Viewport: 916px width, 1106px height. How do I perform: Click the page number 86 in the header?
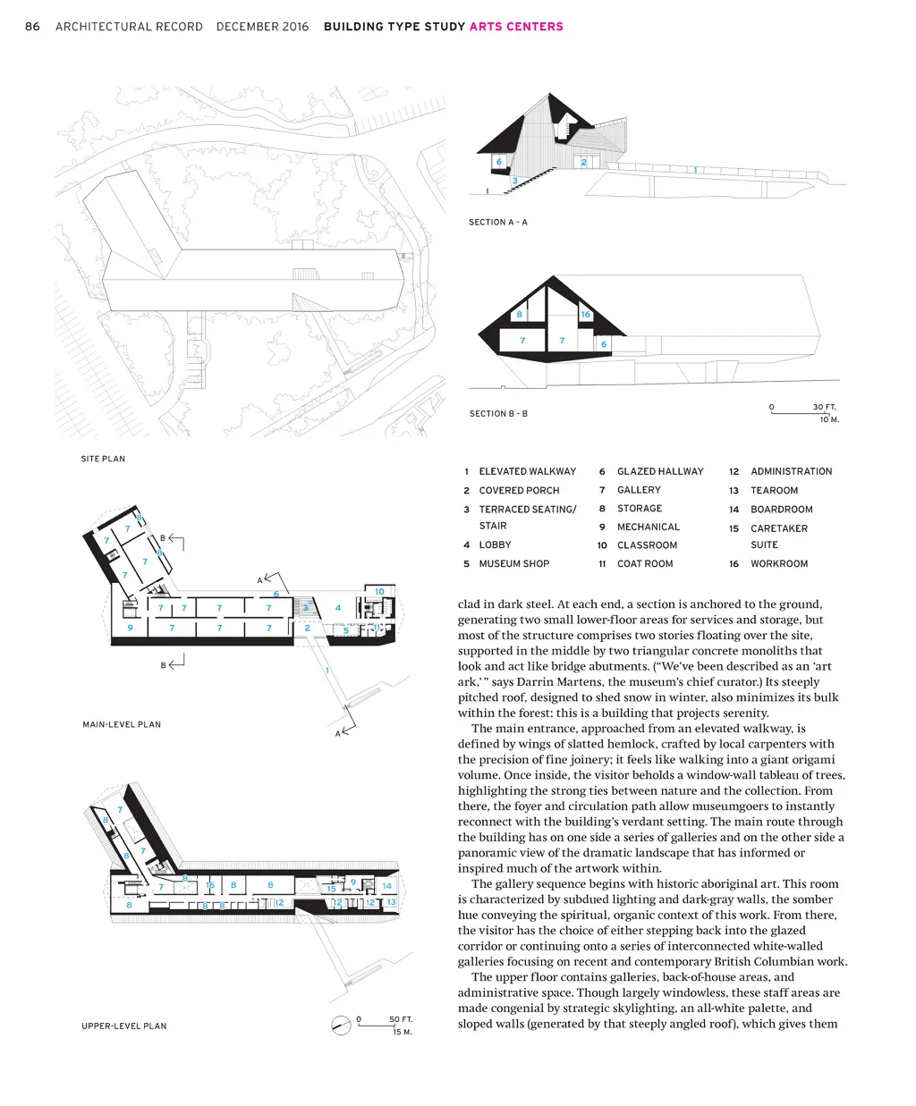click(x=32, y=27)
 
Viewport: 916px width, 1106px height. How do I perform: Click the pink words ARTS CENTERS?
click(x=516, y=27)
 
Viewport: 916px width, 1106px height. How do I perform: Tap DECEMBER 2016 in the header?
click(x=262, y=27)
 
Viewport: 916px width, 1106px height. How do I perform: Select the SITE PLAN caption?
click(x=103, y=459)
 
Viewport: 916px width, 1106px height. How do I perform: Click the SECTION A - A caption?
click(x=498, y=222)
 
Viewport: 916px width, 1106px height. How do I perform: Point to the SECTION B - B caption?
click(x=498, y=414)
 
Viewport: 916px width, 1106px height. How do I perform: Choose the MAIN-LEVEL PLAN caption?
click(x=122, y=724)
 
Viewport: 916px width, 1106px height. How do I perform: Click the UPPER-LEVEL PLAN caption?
click(x=124, y=1026)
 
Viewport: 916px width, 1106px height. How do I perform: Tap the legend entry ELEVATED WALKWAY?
click(x=527, y=471)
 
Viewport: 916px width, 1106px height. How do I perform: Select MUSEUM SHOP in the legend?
click(x=513, y=564)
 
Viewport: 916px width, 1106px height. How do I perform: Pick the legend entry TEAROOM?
click(x=774, y=490)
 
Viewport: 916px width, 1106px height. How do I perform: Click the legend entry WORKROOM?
click(x=778, y=564)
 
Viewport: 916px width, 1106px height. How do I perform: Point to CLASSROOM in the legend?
click(x=647, y=545)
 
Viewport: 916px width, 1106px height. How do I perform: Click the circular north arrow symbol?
click(x=340, y=1026)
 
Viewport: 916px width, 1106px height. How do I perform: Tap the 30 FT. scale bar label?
click(x=824, y=407)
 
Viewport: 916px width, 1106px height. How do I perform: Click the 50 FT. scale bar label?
click(x=400, y=1019)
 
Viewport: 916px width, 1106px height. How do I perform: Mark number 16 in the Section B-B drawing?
click(x=586, y=315)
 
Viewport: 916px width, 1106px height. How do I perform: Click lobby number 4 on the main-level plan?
click(x=338, y=608)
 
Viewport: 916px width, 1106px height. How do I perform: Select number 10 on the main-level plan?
click(x=379, y=592)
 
